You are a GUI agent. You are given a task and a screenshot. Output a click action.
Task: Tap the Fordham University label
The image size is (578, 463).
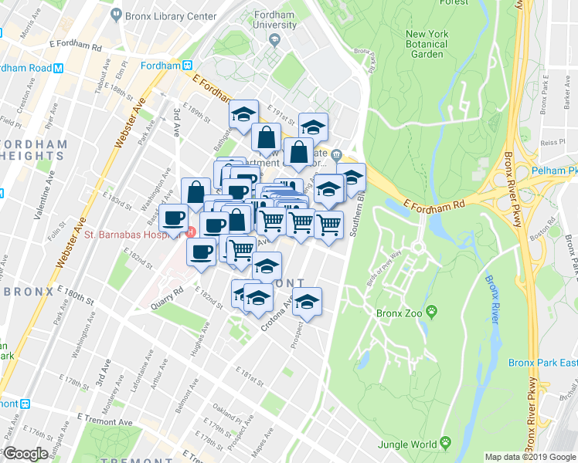(275, 19)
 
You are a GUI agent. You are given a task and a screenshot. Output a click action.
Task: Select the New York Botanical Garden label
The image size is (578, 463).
(427, 44)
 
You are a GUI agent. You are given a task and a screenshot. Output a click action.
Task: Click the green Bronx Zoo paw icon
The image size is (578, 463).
(431, 313)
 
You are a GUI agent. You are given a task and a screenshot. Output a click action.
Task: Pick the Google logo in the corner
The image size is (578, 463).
(25, 454)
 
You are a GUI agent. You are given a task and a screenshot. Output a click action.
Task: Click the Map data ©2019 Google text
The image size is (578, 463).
(529, 457)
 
